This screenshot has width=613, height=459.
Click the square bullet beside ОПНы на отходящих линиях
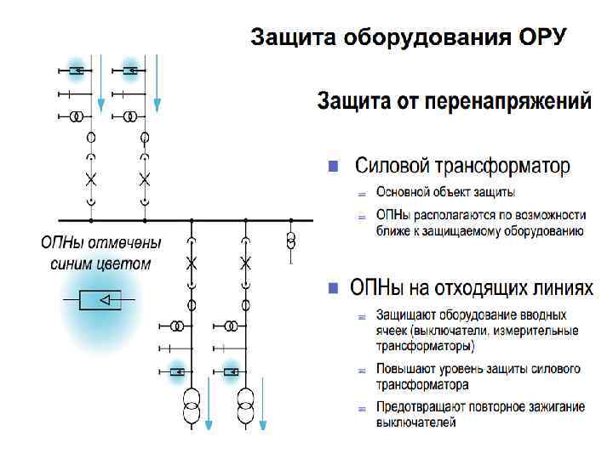[335, 287]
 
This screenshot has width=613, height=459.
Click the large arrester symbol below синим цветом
[100, 300]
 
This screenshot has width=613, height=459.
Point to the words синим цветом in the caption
[100, 263]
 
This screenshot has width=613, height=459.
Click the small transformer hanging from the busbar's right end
[291, 240]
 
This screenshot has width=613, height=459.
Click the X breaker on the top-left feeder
[91, 179]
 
